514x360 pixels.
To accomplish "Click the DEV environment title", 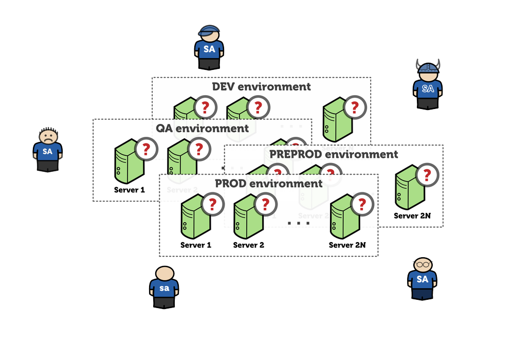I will tap(261, 86).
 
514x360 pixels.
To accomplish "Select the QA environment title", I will tap(202, 128).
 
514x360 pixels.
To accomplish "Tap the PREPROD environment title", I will tap(334, 154).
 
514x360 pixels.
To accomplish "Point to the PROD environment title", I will tap(268, 183).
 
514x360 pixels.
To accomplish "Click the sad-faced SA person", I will tap(47, 149).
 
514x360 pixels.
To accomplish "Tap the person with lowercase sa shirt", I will tap(164, 287).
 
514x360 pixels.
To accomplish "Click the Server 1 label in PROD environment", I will tap(196, 245).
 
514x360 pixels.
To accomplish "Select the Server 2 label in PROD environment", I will tap(249, 245).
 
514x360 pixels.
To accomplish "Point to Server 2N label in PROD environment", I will tap(347, 245).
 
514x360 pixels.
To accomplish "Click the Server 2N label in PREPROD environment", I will tap(412, 216).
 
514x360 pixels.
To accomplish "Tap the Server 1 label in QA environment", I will tap(129, 190).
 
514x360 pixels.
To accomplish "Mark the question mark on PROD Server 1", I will tap(212, 205).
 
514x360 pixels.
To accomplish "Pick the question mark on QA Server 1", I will tap(146, 150).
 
